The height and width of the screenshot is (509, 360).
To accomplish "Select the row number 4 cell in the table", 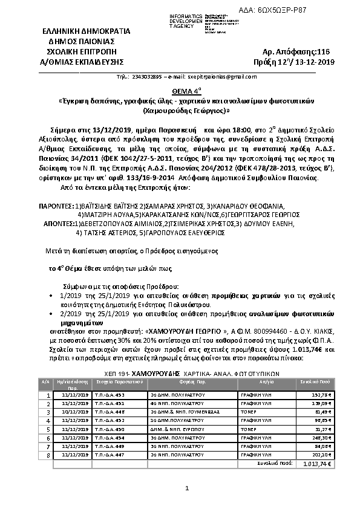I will click(47, 420).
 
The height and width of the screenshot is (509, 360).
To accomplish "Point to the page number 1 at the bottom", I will click(188, 488).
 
